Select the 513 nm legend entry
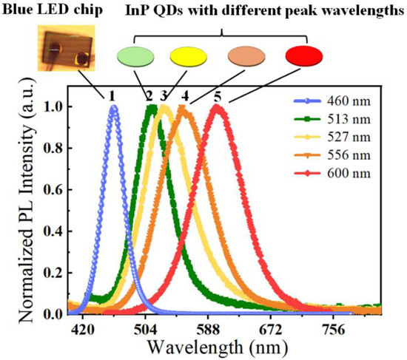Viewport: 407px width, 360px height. [x=332, y=123]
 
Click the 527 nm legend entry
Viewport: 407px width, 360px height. [x=332, y=140]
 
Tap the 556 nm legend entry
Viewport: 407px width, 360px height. [x=332, y=157]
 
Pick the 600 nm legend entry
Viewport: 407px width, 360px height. [x=332, y=173]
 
